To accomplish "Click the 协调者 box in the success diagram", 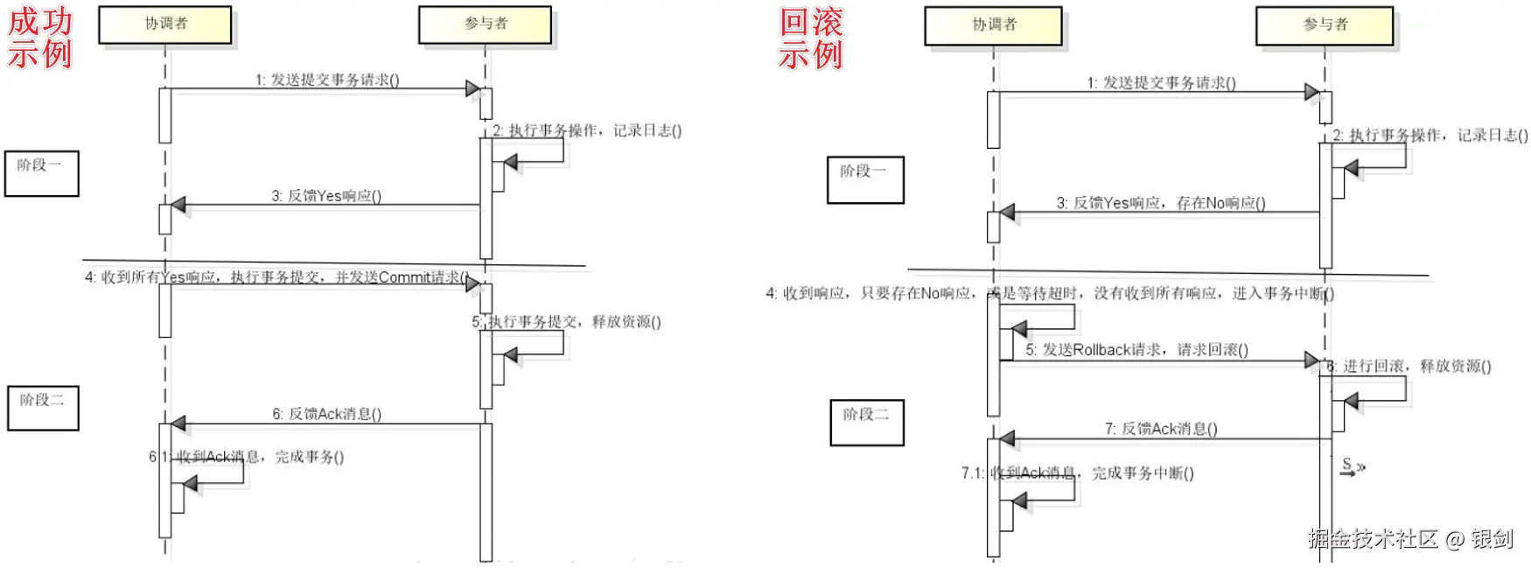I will (165, 25).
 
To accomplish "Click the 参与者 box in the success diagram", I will (486, 25).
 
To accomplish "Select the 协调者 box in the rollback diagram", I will (994, 25).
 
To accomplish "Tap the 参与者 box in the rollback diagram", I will (1325, 25).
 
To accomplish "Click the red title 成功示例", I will (40, 38).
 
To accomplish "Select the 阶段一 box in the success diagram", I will (41, 172).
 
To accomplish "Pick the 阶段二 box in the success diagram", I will (43, 407).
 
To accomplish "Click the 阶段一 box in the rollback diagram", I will (864, 179).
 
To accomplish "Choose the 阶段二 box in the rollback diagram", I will (866, 422).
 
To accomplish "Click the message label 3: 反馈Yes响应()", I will (326, 196).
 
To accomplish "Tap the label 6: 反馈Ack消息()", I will (326, 414).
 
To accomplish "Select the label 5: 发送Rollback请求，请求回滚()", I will (1136, 350).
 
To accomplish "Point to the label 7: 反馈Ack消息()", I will (1160, 429).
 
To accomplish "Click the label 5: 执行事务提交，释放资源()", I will (567, 322).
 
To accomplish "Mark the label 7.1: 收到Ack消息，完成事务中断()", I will (1077, 473).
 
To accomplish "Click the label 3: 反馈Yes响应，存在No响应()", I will (1160, 203).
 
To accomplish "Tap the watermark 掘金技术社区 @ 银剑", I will (1410, 539).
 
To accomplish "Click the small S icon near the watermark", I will (1352, 467).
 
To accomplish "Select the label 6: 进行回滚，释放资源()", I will (1409, 366).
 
